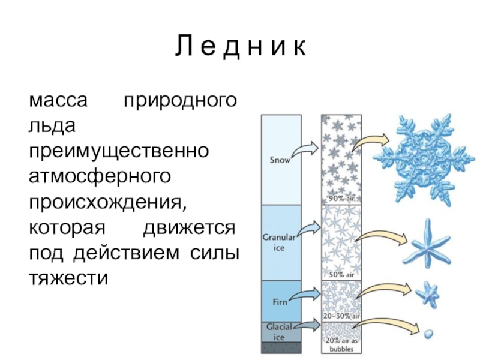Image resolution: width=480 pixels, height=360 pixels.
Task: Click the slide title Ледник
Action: click(x=240, y=47)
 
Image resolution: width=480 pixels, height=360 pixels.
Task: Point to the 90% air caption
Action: click(x=341, y=199)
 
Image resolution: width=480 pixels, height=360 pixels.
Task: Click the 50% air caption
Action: click(x=341, y=275)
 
